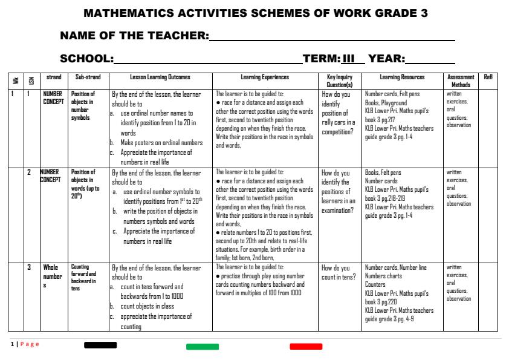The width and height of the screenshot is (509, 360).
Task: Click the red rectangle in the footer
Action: [306, 347]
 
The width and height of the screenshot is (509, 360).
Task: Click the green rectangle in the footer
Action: [203, 347]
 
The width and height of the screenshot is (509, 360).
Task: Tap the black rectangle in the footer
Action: [100, 345]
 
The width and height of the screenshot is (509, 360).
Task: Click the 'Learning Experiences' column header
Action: [265, 77]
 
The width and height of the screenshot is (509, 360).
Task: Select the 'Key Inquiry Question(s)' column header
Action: [340, 81]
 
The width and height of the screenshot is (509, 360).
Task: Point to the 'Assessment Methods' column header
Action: [461, 81]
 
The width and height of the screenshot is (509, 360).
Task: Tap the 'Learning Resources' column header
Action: [402, 77]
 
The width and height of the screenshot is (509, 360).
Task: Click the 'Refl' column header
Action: [488, 77]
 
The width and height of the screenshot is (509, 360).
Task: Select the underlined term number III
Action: [349, 59]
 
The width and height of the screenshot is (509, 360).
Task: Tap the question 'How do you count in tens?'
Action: [337, 272]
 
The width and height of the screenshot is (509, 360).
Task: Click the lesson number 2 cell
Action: [28, 173]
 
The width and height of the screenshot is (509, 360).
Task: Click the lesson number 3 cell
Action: [28, 267]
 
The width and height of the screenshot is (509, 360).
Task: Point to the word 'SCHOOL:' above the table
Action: [87, 59]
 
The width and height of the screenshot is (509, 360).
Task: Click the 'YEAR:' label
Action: [387, 59]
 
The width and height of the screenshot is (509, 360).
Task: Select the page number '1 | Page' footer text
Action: [25, 344]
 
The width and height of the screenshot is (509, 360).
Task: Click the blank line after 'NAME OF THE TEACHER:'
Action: [331, 38]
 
